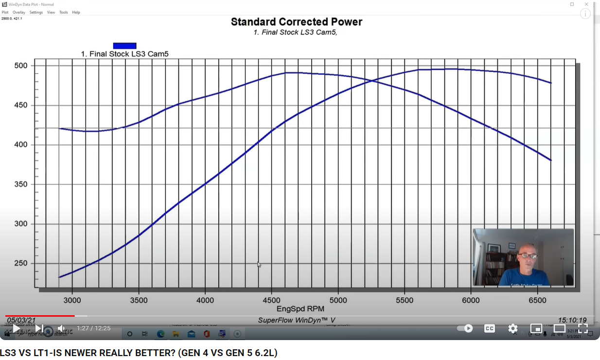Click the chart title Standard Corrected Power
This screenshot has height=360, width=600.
296,22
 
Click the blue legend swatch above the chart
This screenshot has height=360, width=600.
124,46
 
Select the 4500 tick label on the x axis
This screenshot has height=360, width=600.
271,300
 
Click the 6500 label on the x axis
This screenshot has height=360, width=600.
537,300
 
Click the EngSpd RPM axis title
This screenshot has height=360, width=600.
300,308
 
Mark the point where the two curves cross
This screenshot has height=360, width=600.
373,81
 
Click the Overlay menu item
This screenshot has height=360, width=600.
19,12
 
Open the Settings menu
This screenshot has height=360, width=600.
36,12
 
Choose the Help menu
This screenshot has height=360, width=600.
76,12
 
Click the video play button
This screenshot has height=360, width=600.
17,328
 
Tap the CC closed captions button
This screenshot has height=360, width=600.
490,328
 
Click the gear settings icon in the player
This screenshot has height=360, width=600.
513,328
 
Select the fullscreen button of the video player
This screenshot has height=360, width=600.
583,328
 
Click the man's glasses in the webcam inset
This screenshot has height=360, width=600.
528,255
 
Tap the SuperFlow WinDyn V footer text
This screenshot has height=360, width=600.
297,320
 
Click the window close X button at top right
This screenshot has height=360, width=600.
586,4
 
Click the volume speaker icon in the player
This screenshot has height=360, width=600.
61,328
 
